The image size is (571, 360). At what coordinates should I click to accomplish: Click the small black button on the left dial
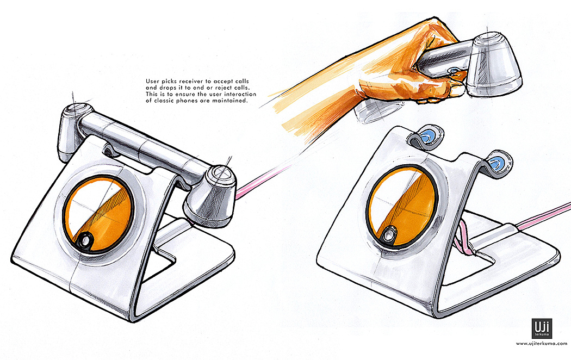click(x=86, y=240)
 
